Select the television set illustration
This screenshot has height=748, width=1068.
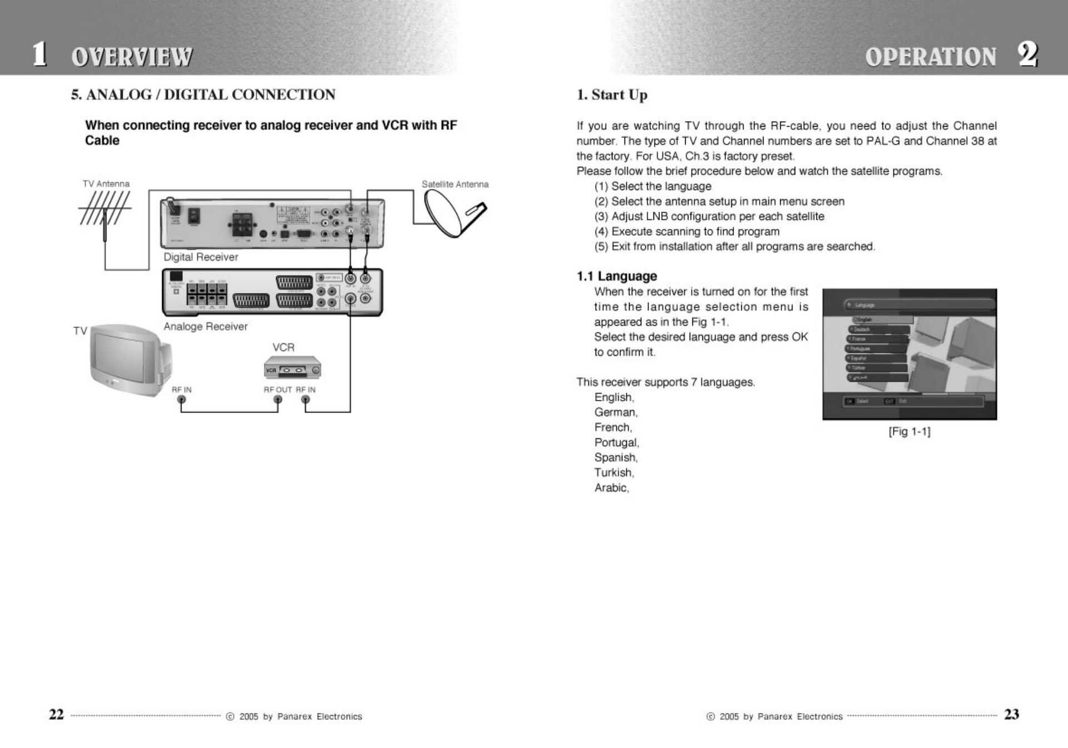[130, 358]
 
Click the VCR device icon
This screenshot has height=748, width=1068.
[292, 368]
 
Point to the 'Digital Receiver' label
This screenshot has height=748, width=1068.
[201, 257]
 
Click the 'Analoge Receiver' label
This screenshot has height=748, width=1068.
[206, 327]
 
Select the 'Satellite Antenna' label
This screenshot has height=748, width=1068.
[455, 184]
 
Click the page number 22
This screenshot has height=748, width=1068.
[57, 715]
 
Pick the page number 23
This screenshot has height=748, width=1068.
[1011, 715]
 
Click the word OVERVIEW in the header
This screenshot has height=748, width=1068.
[132, 57]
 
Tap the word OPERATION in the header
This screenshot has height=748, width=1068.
[930, 57]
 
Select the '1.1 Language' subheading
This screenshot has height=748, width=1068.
[616, 276]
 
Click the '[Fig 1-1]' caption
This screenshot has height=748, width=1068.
[909, 431]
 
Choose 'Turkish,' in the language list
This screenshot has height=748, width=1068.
[614, 473]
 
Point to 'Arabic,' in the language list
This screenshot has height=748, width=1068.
[611, 488]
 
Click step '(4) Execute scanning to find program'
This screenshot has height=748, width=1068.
[687, 232]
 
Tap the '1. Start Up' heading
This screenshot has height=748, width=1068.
[612, 95]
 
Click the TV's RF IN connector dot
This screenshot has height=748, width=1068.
[181, 401]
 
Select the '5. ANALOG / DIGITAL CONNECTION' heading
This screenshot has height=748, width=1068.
[203, 95]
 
